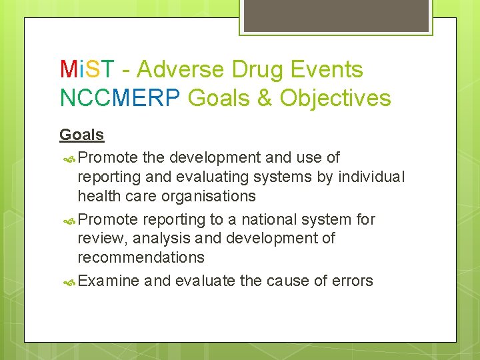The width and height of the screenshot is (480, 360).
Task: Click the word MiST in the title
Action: pos(87,69)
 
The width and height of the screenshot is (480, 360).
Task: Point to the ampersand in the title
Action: pos(264,98)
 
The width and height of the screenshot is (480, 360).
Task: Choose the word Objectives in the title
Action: pos(335,98)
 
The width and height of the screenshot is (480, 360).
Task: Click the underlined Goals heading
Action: pos(82,135)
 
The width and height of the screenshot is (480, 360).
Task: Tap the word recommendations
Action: pos(141,257)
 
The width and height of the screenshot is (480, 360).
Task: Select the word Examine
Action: pos(109,281)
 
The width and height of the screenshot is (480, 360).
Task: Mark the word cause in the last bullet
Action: pos(289,281)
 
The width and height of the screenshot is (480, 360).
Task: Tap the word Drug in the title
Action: pos(257,69)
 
